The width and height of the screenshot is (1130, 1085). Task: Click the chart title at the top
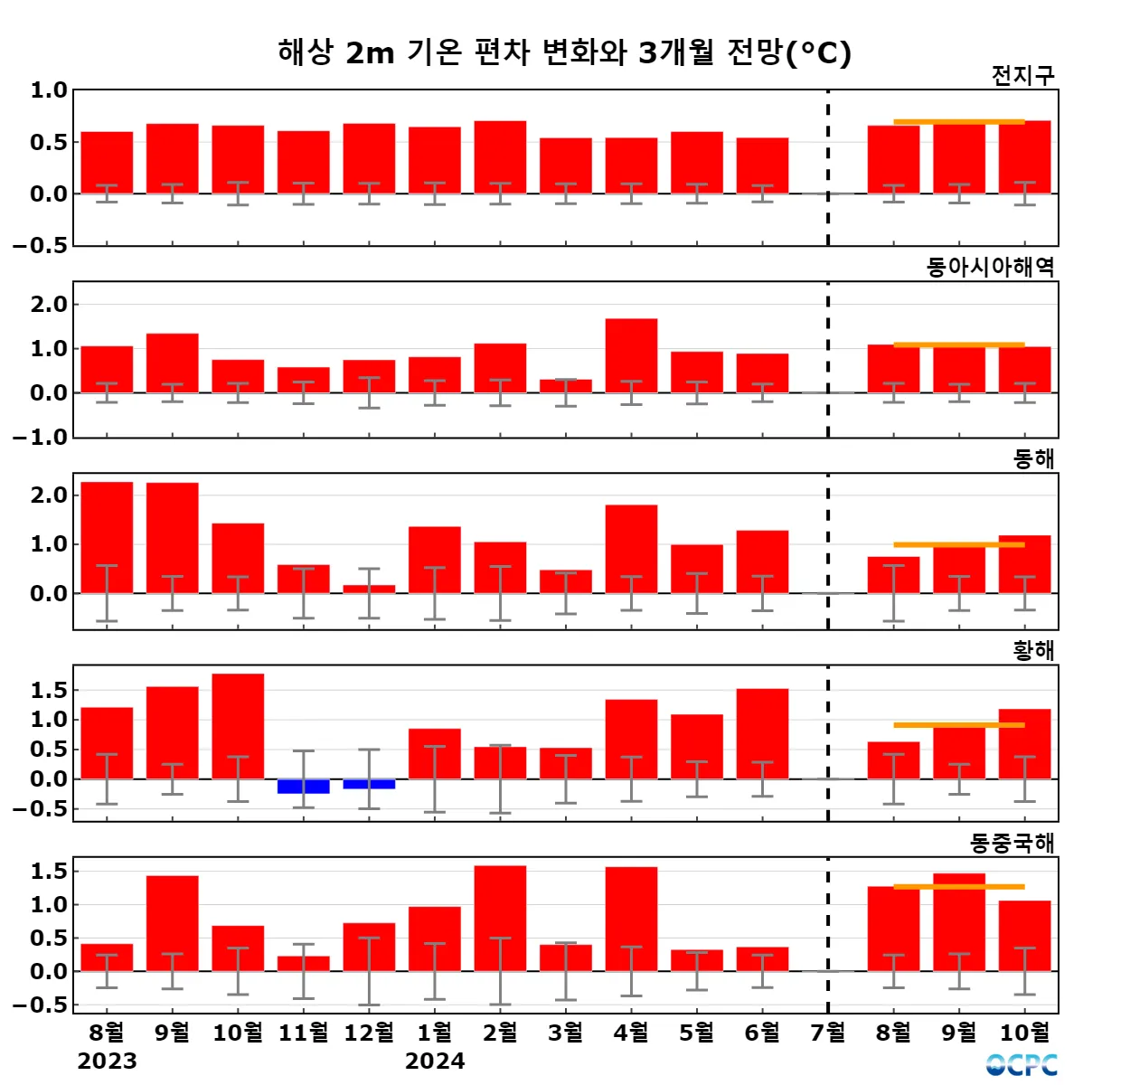pyautogui.click(x=564, y=52)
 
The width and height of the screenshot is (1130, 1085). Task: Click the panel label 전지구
pyautogui.click(x=1022, y=76)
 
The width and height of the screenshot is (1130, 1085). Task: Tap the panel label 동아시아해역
pyautogui.click(x=990, y=268)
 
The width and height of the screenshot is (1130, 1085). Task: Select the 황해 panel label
pyautogui.click(x=1033, y=651)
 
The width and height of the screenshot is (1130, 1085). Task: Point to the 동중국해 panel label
pyautogui.click(x=1012, y=844)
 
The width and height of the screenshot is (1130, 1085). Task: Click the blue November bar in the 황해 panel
pyautogui.click(x=304, y=787)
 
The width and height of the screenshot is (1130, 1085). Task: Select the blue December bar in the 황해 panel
pyautogui.click(x=369, y=784)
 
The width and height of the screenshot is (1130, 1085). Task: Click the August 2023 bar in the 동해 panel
pyautogui.click(x=107, y=537)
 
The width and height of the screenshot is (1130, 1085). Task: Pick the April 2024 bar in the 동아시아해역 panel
pyautogui.click(x=631, y=355)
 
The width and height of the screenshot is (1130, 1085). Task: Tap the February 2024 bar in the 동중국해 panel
pyautogui.click(x=500, y=918)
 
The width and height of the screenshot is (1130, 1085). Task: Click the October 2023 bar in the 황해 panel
pyautogui.click(x=238, y=726)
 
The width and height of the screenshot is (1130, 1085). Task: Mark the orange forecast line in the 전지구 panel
pyautogui.click(x=958, y=122)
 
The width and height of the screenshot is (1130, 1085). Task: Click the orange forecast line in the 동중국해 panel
pyautogui.click(x=958, y=887)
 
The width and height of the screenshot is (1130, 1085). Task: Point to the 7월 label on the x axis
pyautogui.click(x=827, y=1032)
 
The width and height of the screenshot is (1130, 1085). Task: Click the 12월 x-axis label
pyautogui.click(x=369, y=1032)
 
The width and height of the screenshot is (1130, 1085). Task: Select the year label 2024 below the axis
pyautogui.click(x=435, y=1061)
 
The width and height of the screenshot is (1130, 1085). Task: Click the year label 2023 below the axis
pyautogui.click(x=107, y=1061)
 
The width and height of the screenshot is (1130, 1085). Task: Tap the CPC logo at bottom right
pyautogui.click(x=1022, y=1065)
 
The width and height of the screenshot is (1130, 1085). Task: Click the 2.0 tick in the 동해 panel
pyautogui.click(x=49, y=495)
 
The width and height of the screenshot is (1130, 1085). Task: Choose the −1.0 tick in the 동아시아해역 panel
pyautogui.click(x=41, y=438)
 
